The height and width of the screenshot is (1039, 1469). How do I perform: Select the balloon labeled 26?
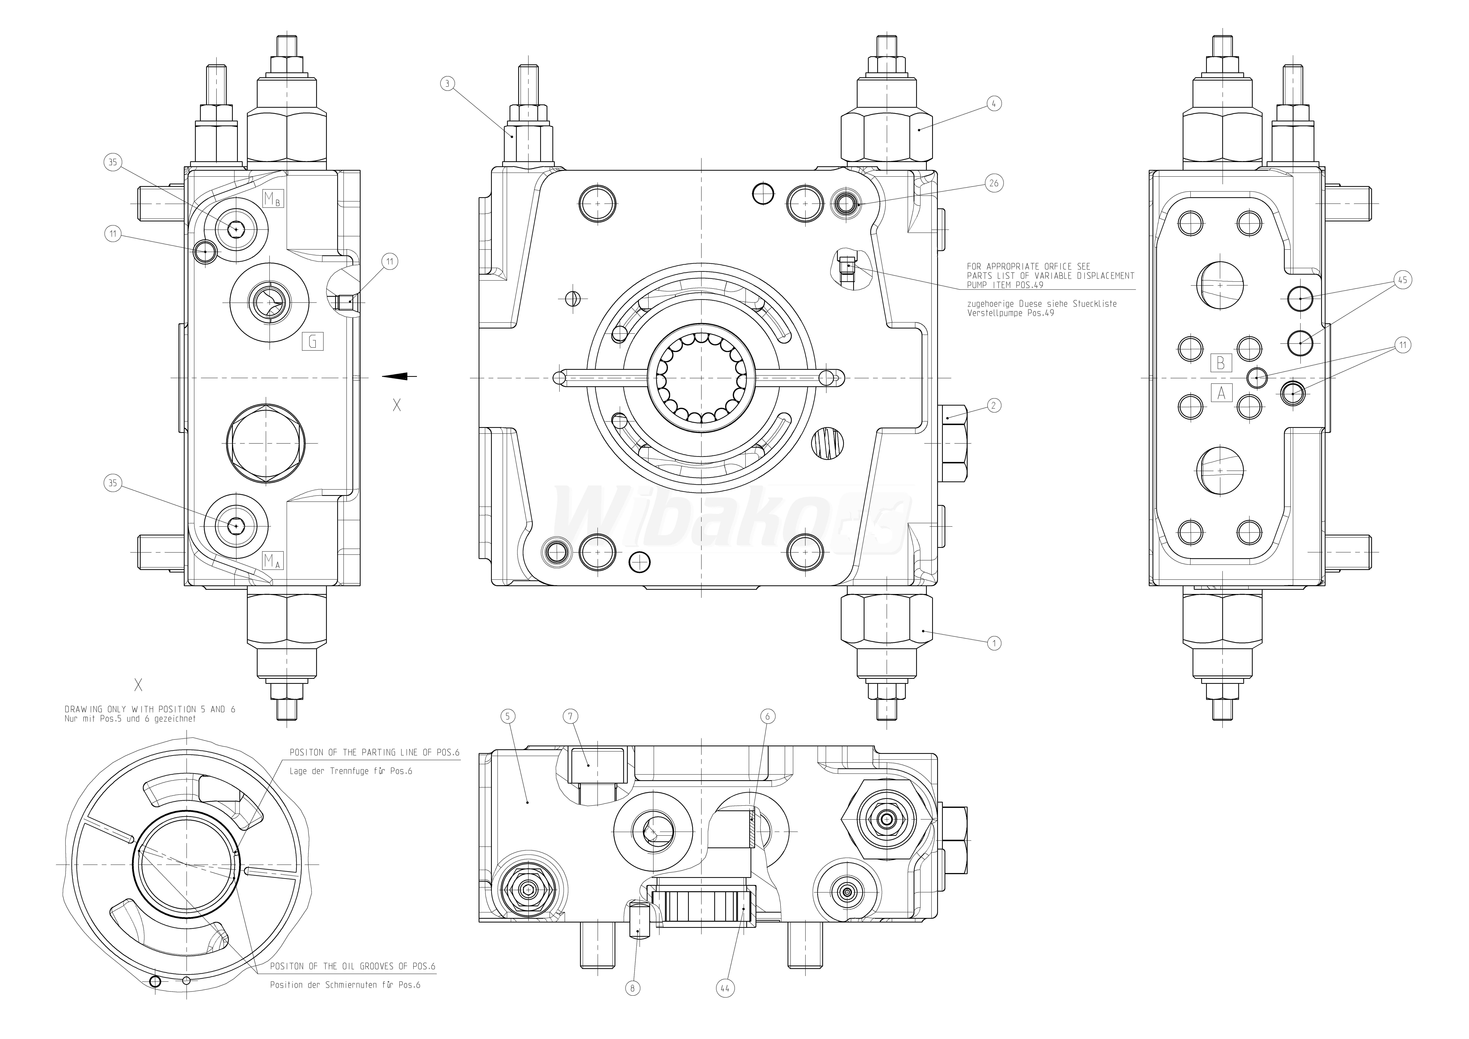(x=994, y=183)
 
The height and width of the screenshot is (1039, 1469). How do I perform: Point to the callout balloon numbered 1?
(x=994, y=643)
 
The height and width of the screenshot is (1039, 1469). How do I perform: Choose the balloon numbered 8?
(x=632, y=989)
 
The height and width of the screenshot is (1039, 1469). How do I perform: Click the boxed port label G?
(x=312, y=341)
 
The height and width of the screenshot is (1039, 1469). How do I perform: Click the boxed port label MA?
(x=273, y=561)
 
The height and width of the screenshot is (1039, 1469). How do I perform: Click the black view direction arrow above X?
(x=400, y=376)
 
